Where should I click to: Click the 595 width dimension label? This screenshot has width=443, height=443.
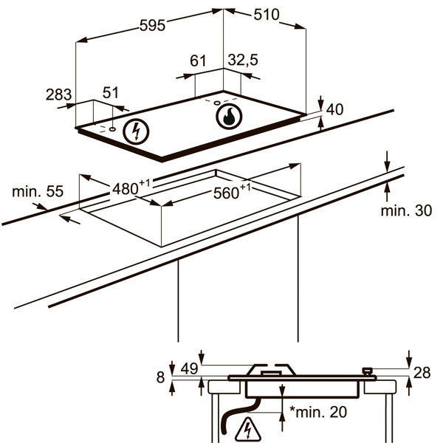coord(152,24)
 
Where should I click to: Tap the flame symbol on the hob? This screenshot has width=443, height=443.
coord(228,115)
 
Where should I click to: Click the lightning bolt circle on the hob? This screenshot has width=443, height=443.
coord(135,131)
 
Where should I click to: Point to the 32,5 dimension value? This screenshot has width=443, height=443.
coord(243,61)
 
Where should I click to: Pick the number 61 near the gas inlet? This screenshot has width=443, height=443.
coord(198,61)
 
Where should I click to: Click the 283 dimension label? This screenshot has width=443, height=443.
coord(58,95)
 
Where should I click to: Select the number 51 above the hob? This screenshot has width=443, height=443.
coord(110,92)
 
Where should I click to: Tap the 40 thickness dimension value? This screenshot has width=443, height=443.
coord(334,110)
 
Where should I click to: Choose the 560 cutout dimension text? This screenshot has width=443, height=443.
coord(230,193)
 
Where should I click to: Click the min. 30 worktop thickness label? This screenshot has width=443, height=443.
coord(406,211)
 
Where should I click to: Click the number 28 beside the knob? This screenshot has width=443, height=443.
coord(421,373)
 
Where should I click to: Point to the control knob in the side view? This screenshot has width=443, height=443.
coord(367,371)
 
